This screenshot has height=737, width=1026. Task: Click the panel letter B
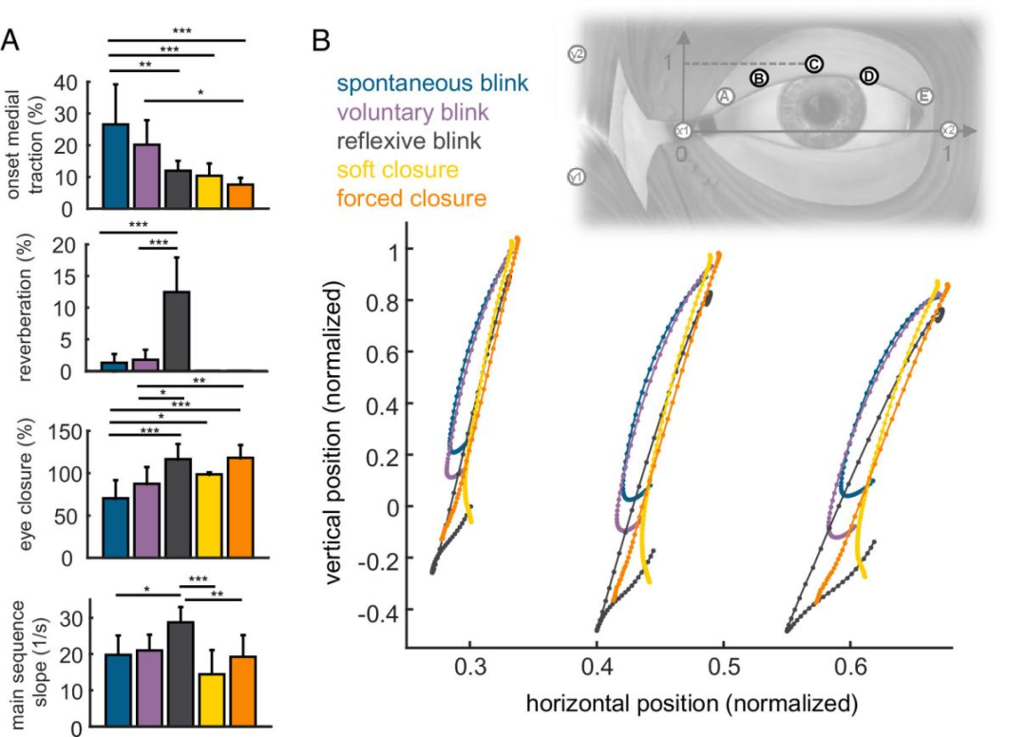pos(322,41)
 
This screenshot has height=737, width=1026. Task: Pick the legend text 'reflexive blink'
pos(408,142)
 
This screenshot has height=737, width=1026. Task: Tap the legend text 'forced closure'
pos(412,198)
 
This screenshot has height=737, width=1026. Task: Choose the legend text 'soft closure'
pos(399,170)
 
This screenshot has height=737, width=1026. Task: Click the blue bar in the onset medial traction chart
pos(116,165)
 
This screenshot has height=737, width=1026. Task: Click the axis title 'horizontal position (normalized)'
pos(678,705)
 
